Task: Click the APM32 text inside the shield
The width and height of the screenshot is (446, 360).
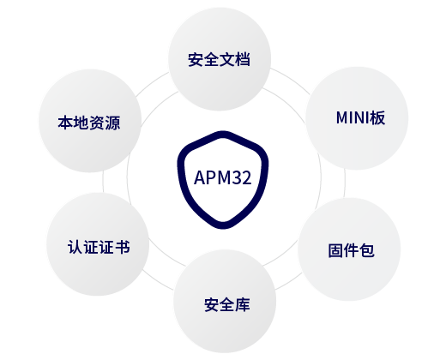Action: click(x=223, y=177)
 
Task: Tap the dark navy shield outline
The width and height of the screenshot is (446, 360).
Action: click(x=180, y=177)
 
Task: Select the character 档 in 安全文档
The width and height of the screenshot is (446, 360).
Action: click(x=243, y=59)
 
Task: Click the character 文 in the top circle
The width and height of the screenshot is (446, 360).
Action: click(x=227, y=59)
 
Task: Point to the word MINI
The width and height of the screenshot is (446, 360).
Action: click(x=353, y=117)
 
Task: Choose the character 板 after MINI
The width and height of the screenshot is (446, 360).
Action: click(x=377, y=117)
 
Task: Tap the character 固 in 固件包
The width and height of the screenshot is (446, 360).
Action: click(x=335, y=250)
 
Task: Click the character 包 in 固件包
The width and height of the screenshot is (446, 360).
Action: click(x=367, y=250)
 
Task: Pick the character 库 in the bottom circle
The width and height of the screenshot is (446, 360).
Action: click(x=243, y=304)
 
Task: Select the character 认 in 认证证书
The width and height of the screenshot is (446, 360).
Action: click(x=75, y=247)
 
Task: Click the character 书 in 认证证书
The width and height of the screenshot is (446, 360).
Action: click(x=123, y=247)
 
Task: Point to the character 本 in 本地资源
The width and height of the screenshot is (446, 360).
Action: click(x=65, y=123)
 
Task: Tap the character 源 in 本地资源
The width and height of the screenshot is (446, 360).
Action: click(x=112, y=123)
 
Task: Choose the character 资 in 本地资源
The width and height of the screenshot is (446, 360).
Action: click(x=97, y=123)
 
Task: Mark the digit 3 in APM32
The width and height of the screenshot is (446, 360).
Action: click(x=236, y=177)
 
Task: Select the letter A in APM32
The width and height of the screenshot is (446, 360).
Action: click(x=199, y=177)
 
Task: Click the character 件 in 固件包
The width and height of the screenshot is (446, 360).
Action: click(x=352, y=250)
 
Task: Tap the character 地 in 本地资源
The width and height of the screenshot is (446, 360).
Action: click(x=81, y=123)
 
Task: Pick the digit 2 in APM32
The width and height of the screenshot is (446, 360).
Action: click(x=247, y=177)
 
